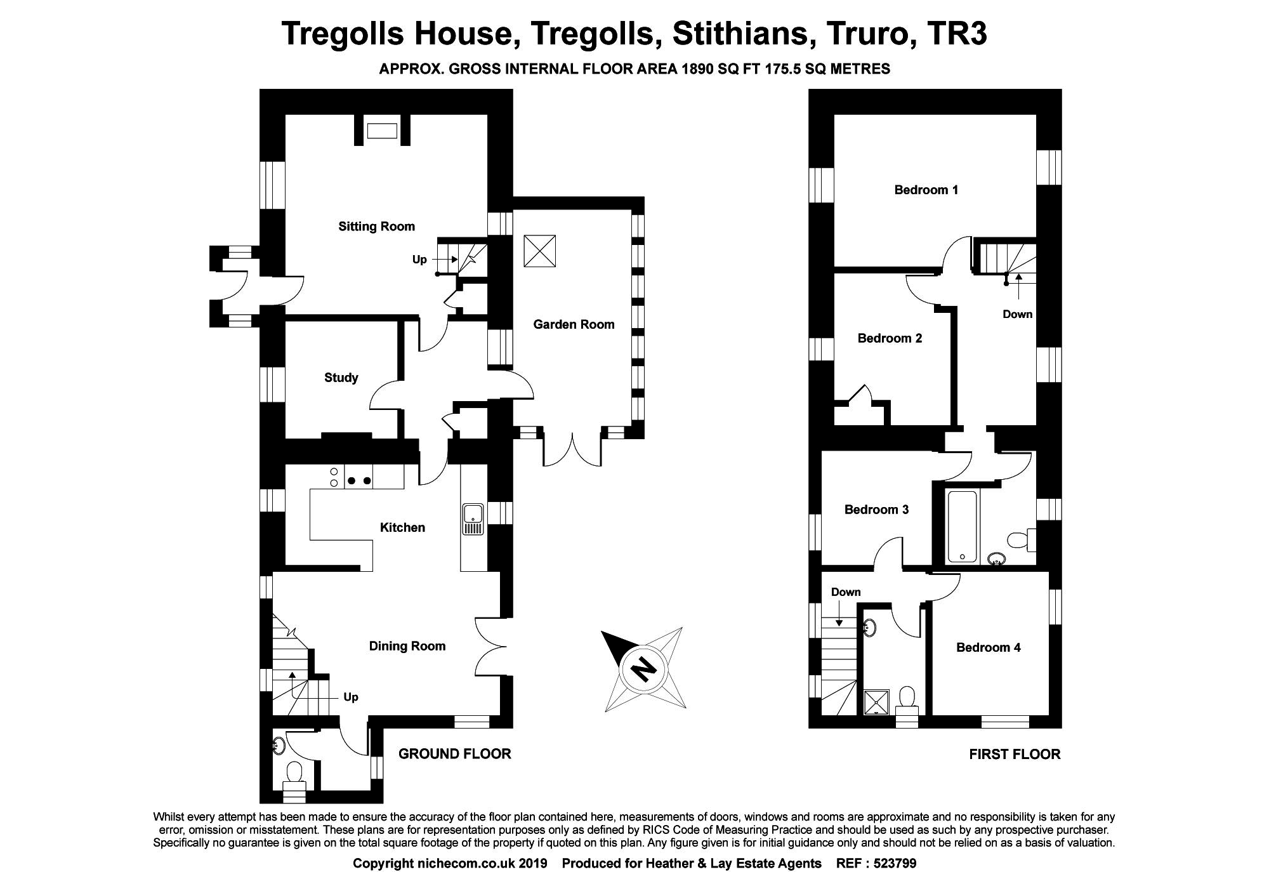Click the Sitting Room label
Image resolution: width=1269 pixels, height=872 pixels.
(x=376, y=227)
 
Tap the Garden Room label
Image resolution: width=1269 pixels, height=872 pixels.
(x=574, y=324)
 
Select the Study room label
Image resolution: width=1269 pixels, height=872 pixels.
(x=341, y=378)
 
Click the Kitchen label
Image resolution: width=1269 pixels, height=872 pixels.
(x=402, y=527)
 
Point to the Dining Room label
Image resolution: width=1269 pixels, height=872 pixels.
(x=407, y=646)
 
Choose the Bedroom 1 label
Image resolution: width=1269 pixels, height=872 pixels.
(x=926, y=190)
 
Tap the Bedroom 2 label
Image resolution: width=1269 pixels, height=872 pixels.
(x=890, y=338)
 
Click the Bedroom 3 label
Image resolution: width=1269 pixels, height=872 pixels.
(x=876, y=510)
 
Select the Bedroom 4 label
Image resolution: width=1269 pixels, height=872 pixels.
(x=989, y=647)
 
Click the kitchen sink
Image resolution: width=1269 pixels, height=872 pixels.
(x=473, y=519)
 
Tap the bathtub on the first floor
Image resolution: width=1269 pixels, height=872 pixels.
(x=963, y=527)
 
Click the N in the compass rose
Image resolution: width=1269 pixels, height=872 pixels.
(x=645, y=668)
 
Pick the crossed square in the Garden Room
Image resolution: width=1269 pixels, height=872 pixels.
(x=539, y=251)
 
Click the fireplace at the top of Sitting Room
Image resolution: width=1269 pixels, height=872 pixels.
(x=383, y=131)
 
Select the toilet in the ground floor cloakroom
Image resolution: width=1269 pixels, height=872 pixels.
(x=294, y=774)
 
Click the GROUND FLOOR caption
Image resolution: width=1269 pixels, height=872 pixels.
(x=454, y=753)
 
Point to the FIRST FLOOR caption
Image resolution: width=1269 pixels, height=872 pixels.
(x=1015, y=754)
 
